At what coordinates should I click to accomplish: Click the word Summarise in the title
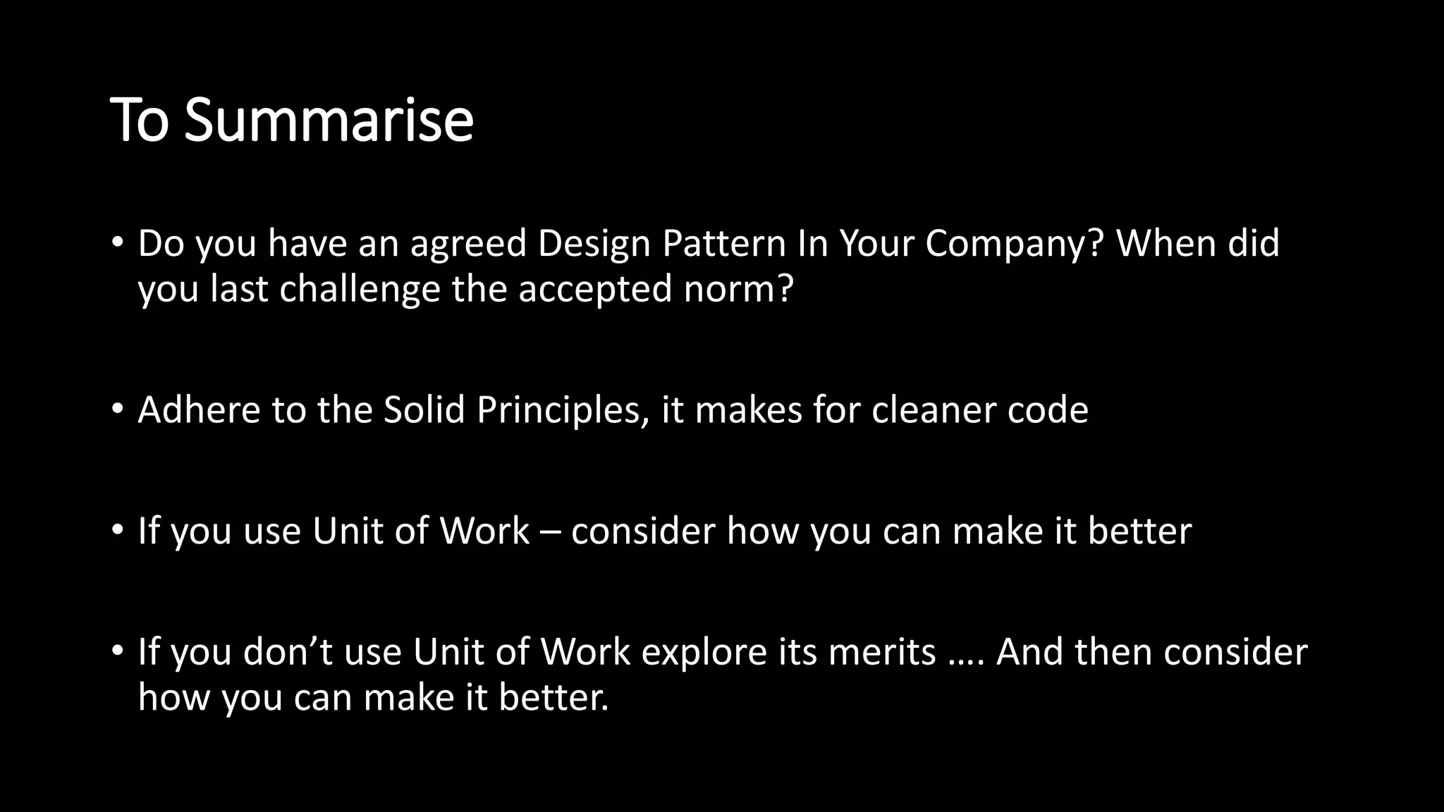(329, 120)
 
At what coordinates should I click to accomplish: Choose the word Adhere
(199, 410)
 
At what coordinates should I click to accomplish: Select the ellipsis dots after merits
(966, 663)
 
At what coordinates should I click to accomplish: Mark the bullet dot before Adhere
(118, 410)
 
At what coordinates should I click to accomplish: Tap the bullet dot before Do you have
(118, 243)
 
